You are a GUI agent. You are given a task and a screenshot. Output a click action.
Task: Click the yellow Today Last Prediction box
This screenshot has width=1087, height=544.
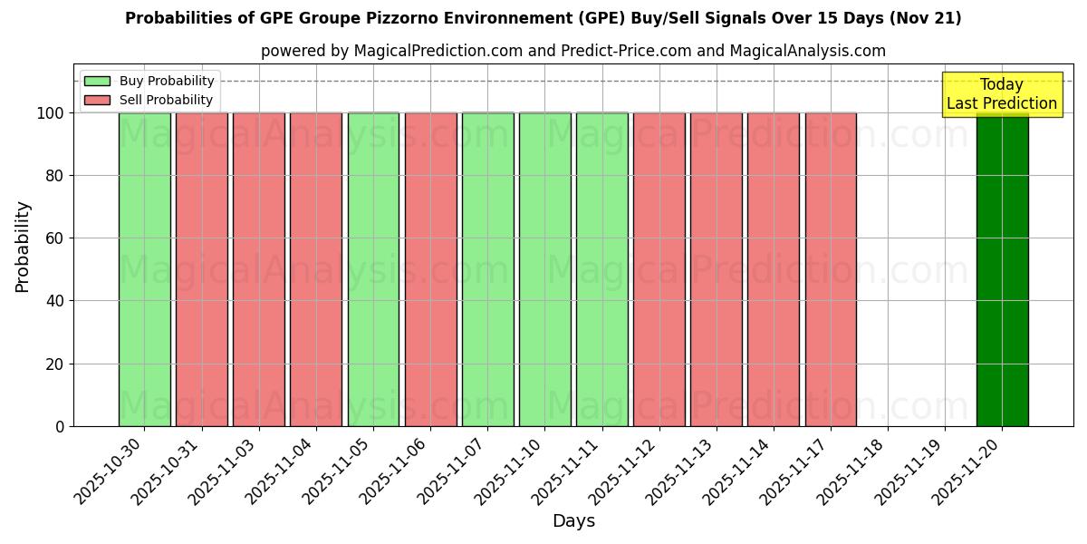pyautogui.click(x=1002, y=94)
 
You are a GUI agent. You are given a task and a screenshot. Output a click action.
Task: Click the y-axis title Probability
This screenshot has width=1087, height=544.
pyautogui.click(x=23, y=246)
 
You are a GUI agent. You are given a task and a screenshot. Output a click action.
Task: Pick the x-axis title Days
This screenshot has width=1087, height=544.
pyautogui.click(x=573, y=521)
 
